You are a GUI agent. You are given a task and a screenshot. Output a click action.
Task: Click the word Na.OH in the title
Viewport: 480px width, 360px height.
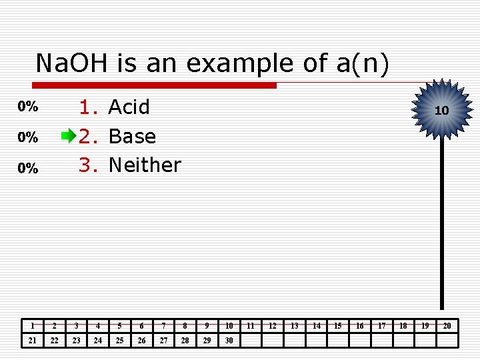click(x=73, y=63)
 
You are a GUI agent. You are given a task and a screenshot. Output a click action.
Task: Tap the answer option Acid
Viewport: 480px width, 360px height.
click(x=129, y=107)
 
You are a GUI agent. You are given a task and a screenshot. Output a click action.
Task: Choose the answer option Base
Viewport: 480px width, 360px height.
click(x=132, y=136)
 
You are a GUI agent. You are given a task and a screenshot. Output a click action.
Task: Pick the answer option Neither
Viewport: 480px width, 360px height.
click(x=145, y=165)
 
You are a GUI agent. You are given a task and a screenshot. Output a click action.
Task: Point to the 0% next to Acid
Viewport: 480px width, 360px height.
click(x=27, y=107)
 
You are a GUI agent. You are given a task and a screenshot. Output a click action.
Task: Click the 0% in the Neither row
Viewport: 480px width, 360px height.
click(x=27, y=169)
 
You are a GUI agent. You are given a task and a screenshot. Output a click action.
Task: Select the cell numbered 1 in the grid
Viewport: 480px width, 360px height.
click(x=33, y=326)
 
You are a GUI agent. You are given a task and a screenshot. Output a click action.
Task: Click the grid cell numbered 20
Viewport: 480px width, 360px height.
click(x=447, y=326)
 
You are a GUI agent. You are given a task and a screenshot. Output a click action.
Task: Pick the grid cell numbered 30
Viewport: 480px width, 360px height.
click(x=229, y=341)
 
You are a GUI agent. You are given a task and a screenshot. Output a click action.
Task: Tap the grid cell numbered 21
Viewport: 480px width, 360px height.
click(x=33, y=341)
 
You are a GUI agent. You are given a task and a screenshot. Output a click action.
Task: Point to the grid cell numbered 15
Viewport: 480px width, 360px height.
click(x=338, y=326)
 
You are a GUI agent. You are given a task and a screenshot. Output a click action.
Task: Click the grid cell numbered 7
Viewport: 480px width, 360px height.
click(x=163, y=326)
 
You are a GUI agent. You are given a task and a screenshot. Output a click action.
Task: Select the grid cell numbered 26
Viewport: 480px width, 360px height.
click(x=141, y=341)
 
